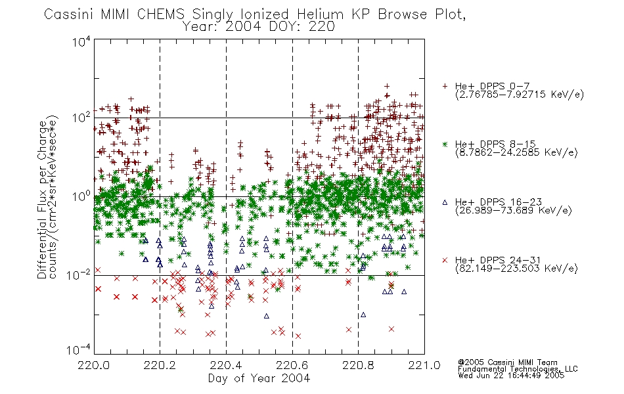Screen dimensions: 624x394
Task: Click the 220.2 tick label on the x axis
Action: coord(160,365)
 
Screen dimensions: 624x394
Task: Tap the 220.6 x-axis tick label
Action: coord(292,365)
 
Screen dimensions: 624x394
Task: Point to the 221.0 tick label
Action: coord(424,365)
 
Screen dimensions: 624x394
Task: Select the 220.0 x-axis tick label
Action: coord(94,365)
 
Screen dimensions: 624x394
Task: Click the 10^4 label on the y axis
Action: coord(81,41)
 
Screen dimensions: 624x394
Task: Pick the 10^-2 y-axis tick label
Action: coord(79,274)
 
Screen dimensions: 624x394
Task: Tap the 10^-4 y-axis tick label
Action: coord(79,349)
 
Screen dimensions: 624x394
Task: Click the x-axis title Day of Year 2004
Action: coord(259,378)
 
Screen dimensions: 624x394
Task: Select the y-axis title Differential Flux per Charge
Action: coord(42,200)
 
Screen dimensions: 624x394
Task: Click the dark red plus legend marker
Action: coord(445,86)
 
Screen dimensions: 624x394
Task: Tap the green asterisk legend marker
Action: coord(445,144)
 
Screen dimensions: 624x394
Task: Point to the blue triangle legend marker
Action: coord(445,202)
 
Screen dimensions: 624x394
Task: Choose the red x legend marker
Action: coord(445,260)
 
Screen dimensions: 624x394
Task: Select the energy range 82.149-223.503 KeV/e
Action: coord(516,269)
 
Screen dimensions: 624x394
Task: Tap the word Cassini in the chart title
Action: coord(68,14)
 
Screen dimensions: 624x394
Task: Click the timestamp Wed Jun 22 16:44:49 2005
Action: coord(511,376)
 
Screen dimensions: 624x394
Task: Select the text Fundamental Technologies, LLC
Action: coord(518,369)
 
